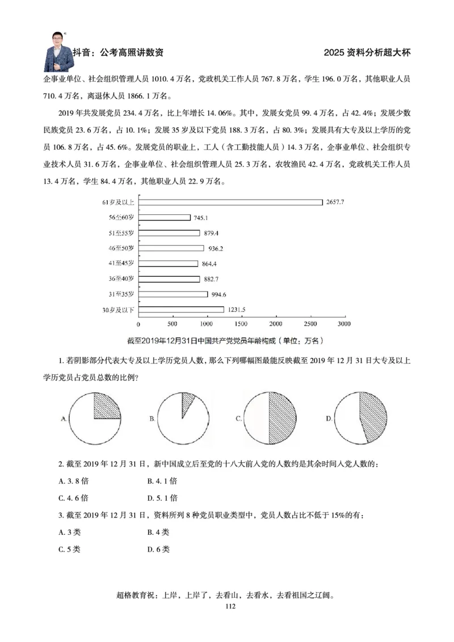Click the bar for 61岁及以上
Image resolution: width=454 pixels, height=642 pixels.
point(230,202)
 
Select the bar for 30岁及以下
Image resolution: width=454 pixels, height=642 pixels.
point(181,310)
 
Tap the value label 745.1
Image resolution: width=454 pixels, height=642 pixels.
point(202,218)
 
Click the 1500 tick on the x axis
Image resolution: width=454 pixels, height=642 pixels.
point(241,323)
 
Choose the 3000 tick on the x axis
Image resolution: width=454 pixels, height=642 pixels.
point(343,323)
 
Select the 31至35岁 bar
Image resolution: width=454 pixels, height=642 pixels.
point(173,294)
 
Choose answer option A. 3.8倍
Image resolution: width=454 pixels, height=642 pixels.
point(74,481)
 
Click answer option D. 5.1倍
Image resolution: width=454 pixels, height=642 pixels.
point(162,498)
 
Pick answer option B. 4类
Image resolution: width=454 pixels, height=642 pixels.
point(158,532)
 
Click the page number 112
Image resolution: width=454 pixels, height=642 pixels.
point(230,606)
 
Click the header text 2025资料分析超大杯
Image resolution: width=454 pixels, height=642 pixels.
point(367,53)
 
